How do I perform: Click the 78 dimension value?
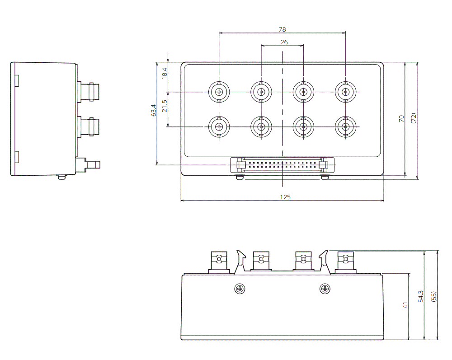[282, 29]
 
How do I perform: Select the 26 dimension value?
[284, 42]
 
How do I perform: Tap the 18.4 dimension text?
[165, 74]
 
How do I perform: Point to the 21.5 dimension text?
[165, 106]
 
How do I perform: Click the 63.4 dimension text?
[154, 110]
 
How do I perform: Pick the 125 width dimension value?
[285, 197]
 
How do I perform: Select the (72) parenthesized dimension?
[414, 118]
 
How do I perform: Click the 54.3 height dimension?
[421, 296]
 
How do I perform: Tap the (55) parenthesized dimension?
[434, 297]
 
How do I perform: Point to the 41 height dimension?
[405, 305]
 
